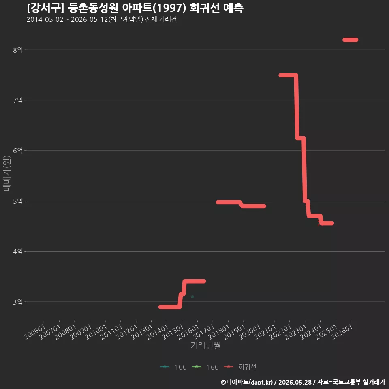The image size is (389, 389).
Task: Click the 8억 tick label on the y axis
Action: click(x=18, y=50)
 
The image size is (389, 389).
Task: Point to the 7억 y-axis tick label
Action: click(x=18, y=100)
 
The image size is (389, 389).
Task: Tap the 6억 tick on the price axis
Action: click(x=18, y=151)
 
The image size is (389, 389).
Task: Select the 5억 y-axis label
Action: click(x=18, y=201)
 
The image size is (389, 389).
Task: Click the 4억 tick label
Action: click(x=18, y=252)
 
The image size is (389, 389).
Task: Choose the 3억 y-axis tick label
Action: click(x=18, y=302)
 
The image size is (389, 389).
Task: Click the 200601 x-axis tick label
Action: click(x=35, y=332)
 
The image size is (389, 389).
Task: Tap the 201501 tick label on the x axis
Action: click(x=173, y=332)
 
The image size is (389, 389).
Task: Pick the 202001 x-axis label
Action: click(x=250, y=332)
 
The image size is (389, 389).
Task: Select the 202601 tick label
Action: click(x=342, y=332)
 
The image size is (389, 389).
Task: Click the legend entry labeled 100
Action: click(x=173, y=367)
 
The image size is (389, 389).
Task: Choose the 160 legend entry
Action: click(x=205, y=367)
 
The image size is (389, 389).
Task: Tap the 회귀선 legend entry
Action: click(x=240, y=367)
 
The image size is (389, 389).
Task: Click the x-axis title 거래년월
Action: click(x=206, y=345)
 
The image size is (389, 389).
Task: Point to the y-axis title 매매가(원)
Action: click(x=6, y=173)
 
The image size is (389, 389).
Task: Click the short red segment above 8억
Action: click(x=350, y=40)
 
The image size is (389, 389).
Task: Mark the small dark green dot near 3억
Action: click(x=192, y=297)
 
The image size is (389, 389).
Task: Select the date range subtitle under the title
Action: click(x=101, y=19)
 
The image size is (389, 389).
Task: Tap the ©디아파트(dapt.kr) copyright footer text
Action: click(x=247, y=382)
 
